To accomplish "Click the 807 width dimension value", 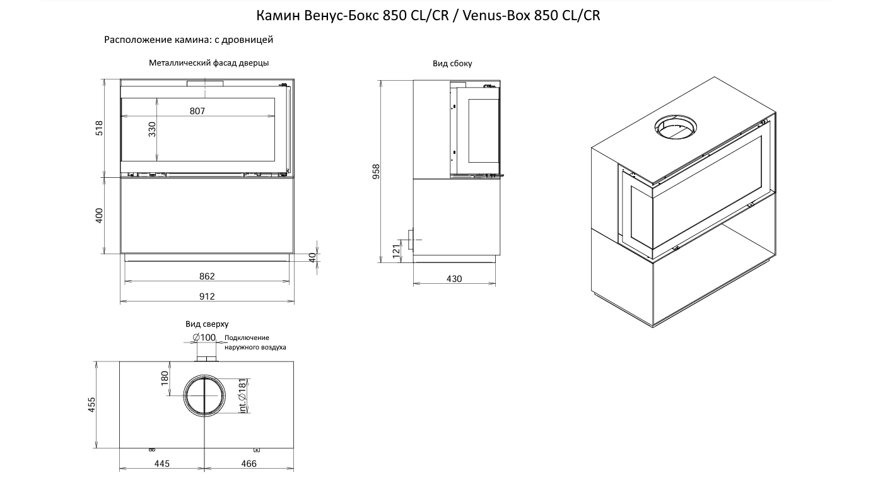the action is click(197, 111).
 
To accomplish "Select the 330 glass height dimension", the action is click(152, 129).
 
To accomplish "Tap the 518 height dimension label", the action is click(100, 128).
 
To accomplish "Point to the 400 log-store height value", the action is click(100, 216).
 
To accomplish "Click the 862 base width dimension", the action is click(207, 276).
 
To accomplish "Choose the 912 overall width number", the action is click(207, 296).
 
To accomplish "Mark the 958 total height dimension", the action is click(376, 172).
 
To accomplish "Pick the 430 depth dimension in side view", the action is click(454, 279).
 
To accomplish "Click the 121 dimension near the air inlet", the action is click(396, 251).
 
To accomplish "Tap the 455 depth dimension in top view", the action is click(91, 405).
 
